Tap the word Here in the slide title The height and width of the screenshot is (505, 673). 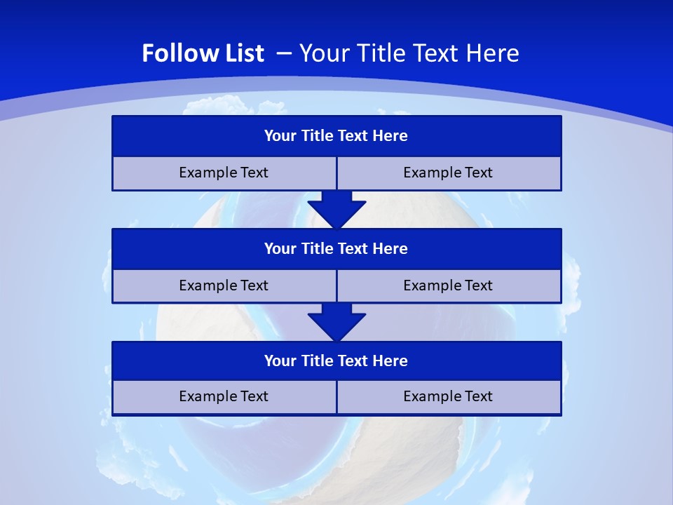494,53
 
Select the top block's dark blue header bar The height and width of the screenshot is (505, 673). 336,136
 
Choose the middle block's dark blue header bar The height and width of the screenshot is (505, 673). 336,249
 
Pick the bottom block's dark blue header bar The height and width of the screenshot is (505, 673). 336,361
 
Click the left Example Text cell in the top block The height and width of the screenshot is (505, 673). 224,173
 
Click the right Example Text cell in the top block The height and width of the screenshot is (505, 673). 449,173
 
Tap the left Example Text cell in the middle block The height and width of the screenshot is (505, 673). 224,286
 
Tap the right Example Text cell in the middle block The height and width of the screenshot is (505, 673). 449,286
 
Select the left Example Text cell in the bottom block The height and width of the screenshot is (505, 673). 224,397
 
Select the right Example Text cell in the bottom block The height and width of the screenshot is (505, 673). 449,397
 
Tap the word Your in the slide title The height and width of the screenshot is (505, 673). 323,53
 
